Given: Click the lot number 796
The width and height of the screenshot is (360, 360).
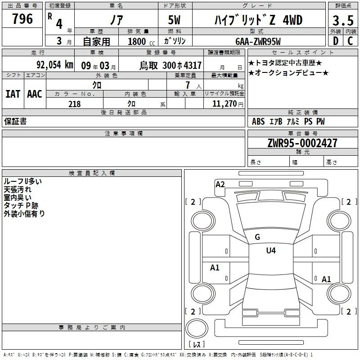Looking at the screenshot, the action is pos(22,18).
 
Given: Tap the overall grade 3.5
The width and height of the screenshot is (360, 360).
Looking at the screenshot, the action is pos(343,20).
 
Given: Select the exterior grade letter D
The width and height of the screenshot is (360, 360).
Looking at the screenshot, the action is pos(336,41).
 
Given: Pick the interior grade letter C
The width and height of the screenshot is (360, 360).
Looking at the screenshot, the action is pos(350,41).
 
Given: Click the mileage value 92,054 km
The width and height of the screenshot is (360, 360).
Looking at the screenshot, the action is pos(55,65).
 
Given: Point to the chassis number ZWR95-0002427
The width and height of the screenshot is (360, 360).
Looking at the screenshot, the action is pos(302,143).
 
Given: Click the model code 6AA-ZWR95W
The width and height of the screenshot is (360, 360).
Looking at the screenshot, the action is pos(258,41).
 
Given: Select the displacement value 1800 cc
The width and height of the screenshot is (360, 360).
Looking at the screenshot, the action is pos(141,41).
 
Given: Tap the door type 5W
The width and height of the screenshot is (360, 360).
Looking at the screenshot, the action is pos(174,20).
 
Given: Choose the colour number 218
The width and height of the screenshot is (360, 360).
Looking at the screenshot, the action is pos(74,104).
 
